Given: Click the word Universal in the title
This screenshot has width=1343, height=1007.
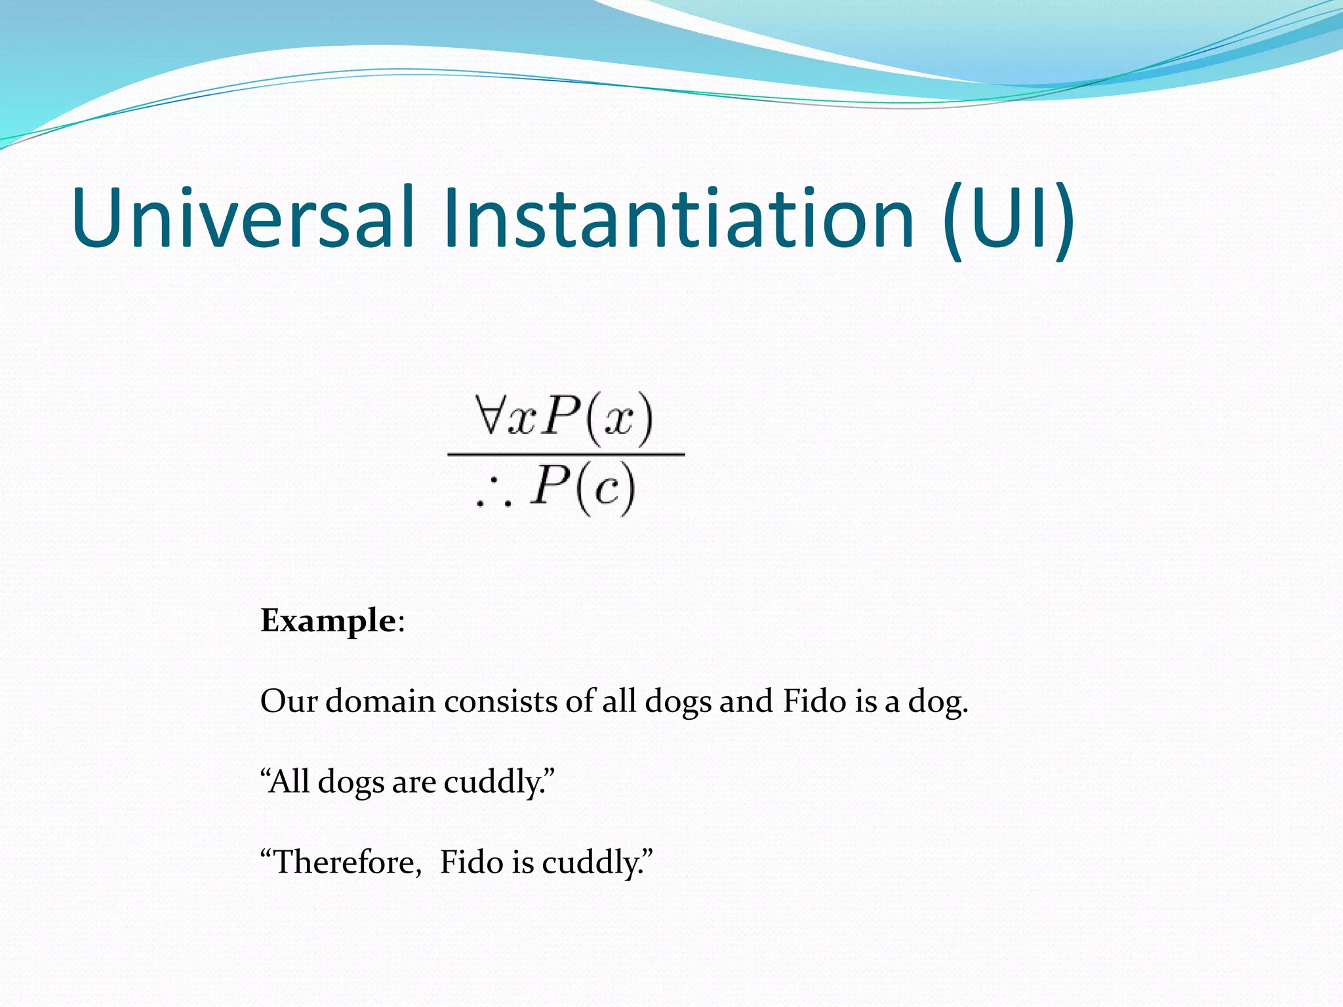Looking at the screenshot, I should pyautogui.click(x=243, y=218).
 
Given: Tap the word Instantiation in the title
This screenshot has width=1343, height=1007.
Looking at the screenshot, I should pyautogui.click(x=678, y=218).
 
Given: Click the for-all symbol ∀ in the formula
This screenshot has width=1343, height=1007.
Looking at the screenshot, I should pyautogui.click(x=489, y=414).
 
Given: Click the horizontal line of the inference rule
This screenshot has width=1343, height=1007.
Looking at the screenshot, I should pyautogui.click(x=566, y=454).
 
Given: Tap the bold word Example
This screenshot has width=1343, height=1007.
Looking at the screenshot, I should pyautogui.click(x=328, y=620).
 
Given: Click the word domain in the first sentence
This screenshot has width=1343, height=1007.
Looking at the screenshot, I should pyautogui.click(x=380, y=701).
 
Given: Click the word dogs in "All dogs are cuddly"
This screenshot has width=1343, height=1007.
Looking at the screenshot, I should pyautogui.click(x=351, y=783).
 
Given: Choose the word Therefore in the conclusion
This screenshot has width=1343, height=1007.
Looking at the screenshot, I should pyautogui.click(x=348, y=862).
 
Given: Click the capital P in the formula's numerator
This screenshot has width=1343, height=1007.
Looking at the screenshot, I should pyautogui.click(x=562, y=416).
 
